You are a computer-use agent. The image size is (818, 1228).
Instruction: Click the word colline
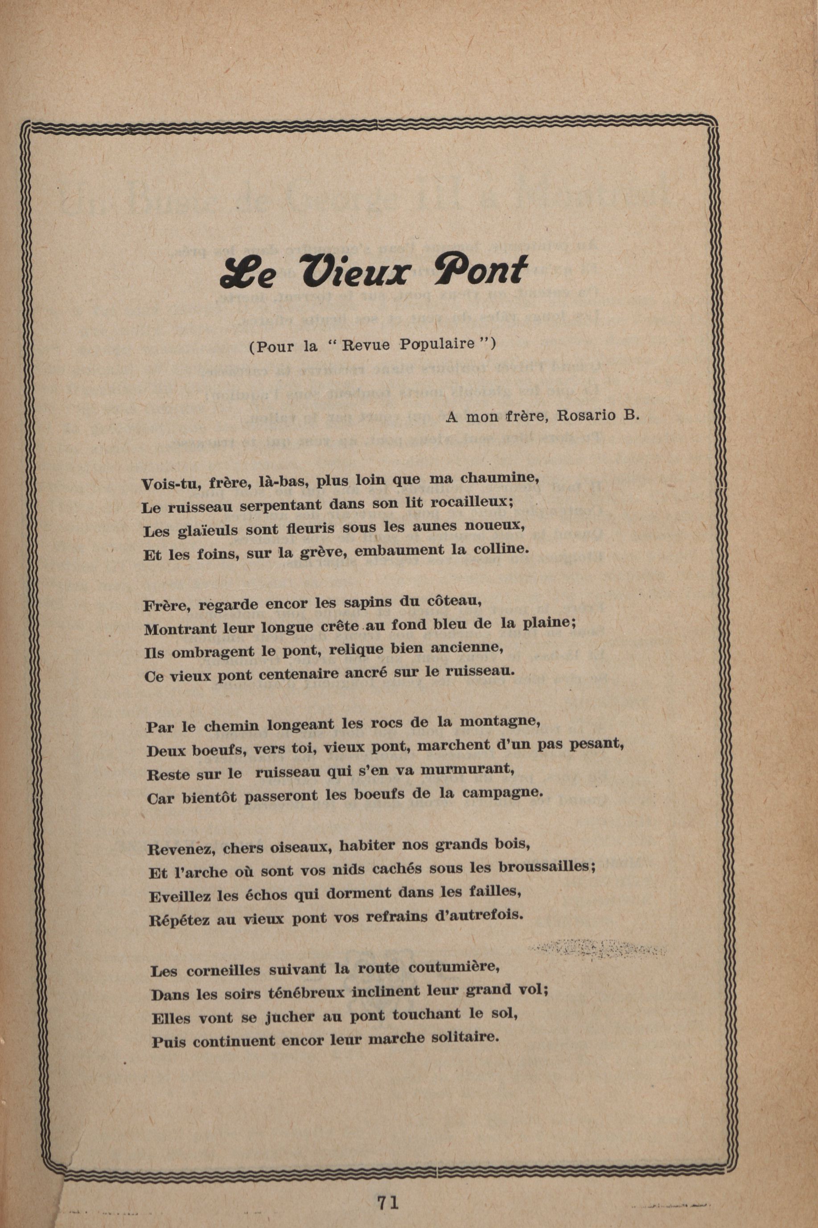501,549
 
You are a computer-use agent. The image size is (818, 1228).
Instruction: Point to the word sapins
367,602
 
